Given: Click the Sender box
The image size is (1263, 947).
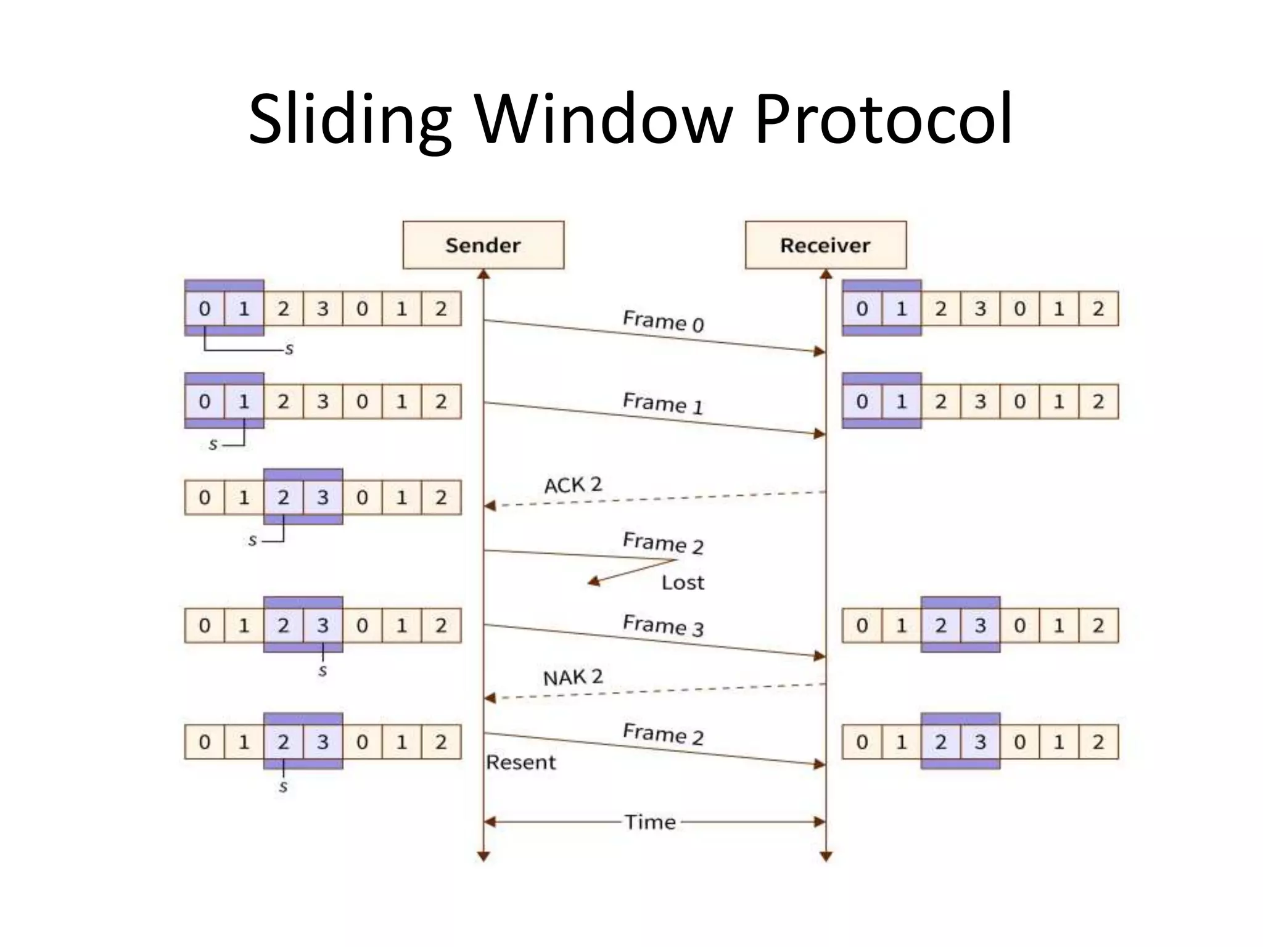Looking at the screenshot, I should click(483, 245).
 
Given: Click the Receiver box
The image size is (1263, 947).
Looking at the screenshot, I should click(825, 245).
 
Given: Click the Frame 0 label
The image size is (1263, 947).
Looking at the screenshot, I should click(663, 321).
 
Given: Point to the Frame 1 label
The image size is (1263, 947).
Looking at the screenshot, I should click(662, 403).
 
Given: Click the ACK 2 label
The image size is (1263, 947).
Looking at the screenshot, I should click(572, 485).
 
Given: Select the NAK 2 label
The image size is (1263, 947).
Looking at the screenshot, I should click(572, 677).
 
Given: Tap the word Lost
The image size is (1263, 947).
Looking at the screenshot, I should click(683, 583).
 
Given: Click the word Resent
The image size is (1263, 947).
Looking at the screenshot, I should click(520, 763).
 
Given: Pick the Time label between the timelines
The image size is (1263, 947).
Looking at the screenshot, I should click(650, 822).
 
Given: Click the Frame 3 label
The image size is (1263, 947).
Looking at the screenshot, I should click(662, 625).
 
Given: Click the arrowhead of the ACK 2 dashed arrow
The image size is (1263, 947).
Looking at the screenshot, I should click(490, 506).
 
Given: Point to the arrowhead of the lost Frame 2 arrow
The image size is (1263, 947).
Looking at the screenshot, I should click(593, 581).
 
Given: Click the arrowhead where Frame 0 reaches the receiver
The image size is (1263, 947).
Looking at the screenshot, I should click(820, 351).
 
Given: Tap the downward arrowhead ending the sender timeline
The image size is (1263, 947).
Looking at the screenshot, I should click(483, 856).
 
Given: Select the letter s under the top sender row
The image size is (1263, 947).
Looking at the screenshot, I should click(289, 350).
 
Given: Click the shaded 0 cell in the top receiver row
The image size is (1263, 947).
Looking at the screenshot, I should click(862, 308).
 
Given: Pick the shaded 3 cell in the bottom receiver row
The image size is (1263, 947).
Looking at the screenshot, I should click(980, 742).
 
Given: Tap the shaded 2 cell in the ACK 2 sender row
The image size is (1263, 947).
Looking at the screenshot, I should click(283, 497).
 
